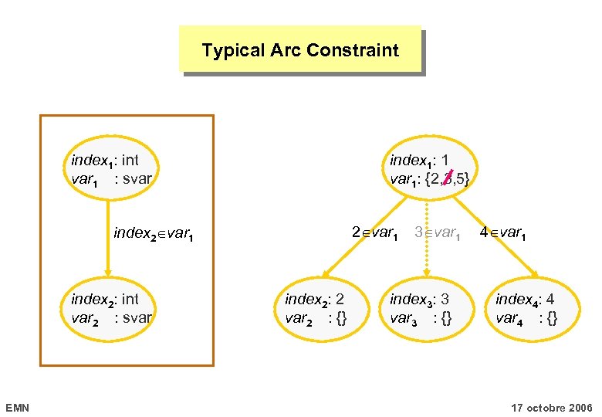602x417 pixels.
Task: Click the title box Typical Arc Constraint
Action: (x=300, y=50)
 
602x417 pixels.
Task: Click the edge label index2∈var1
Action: (x=152, y=232)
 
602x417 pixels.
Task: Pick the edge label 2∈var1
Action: (x=375, y=232)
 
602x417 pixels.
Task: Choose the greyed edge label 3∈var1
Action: (x=438, y=232)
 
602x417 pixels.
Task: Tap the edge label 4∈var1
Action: (x=503, y=232)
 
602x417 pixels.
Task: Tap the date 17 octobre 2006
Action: (x=552, y=407)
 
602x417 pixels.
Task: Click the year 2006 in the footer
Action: (x=579, y=407)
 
